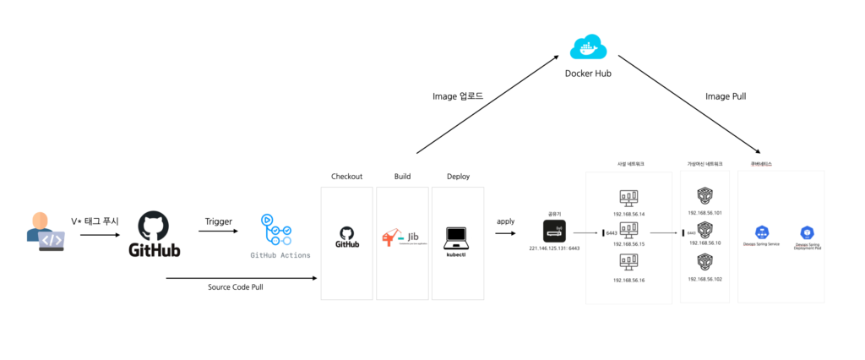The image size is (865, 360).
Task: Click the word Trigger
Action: [218, 221]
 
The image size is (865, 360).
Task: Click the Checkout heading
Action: [346, 177]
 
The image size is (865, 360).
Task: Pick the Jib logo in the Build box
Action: [402, 237]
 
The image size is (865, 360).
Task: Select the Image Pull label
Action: [726, 96]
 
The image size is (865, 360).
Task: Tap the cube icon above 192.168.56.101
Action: [705, 197]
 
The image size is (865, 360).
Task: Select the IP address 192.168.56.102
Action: [705, 279]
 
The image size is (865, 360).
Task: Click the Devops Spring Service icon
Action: [762, 232]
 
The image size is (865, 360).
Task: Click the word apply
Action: [505, 221]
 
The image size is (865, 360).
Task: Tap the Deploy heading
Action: [458, 177]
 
